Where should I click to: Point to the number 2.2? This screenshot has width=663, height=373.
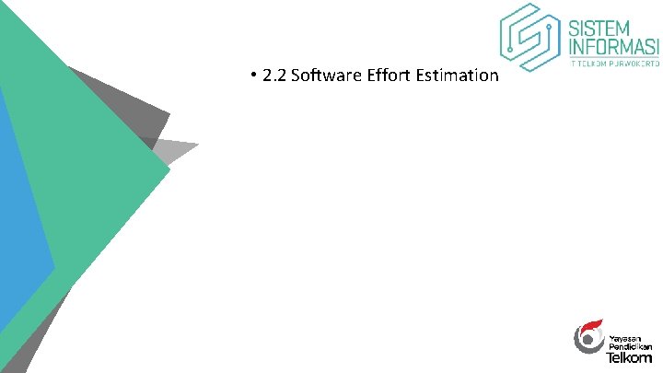(273, 76)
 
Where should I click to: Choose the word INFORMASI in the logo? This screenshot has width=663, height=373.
(614, 46)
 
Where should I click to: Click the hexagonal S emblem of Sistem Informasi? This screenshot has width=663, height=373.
(530, 37)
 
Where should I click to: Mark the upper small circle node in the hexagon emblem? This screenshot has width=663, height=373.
(550, 29)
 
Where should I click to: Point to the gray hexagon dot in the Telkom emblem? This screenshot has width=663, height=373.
(586, 341)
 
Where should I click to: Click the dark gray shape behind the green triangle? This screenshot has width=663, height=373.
(138, 101)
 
